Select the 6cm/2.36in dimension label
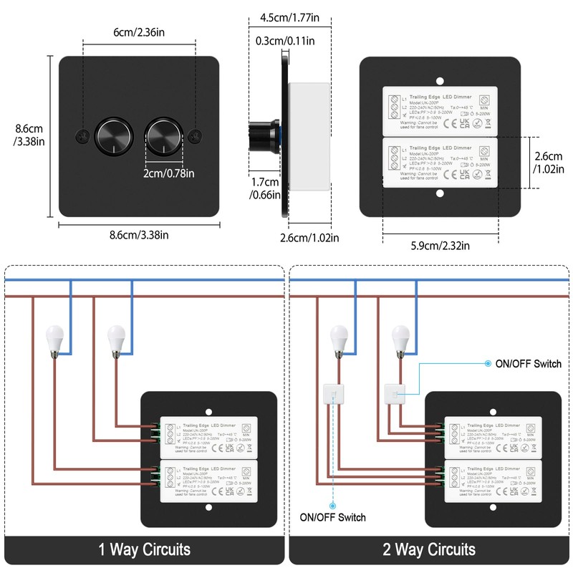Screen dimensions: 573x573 (139, 33)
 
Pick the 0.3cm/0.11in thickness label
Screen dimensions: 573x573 (285, 41)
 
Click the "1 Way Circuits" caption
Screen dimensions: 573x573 (145, 549)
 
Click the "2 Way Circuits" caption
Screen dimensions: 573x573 (430, 549)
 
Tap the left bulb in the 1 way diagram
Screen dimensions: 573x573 (56, 337)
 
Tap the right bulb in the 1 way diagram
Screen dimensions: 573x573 (116, 337)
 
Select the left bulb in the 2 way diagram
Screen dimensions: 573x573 (339, 337)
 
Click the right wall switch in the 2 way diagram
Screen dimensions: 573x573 (393, 393)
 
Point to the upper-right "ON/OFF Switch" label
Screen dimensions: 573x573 (528, 364)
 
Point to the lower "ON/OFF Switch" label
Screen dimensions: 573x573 (332, 517)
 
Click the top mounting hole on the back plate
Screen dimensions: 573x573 (440, 80)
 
